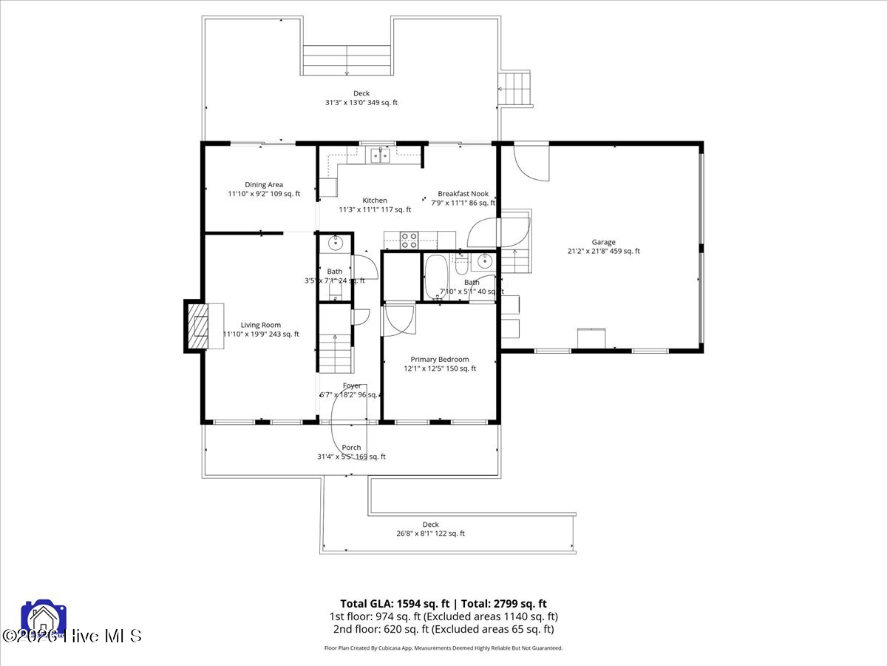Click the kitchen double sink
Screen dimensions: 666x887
tap(381, 155)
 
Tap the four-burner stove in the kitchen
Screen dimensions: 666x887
tap(409, 240)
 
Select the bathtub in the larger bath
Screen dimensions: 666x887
tap(436, 277)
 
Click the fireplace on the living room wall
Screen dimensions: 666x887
tap(198, 326)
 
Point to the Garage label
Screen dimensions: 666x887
tap(603, 242)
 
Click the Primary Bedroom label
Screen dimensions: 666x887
tap(440, 360)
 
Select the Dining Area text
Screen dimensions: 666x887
tap(264, 185)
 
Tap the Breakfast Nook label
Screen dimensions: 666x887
tap(463, 194)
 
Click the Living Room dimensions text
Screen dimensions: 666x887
tap(262, 334)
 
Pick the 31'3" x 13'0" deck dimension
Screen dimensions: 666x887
tap(361, 103)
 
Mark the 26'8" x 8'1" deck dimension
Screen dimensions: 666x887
tap(430, 534)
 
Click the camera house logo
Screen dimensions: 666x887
tap(44, 620)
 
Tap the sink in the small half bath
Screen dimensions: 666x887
tap(335, 242)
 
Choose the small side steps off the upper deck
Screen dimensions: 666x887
tap(516, 89)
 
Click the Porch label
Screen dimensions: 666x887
tap(351, 448)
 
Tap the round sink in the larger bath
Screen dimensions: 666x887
tap(485, 260)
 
